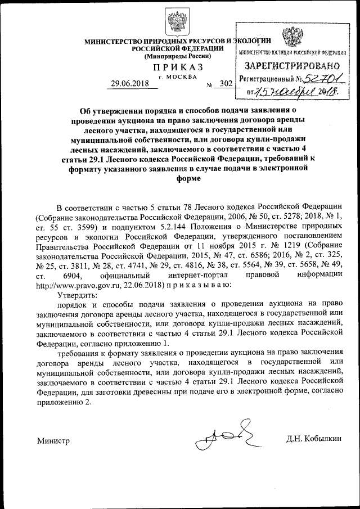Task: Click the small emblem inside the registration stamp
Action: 291,38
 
